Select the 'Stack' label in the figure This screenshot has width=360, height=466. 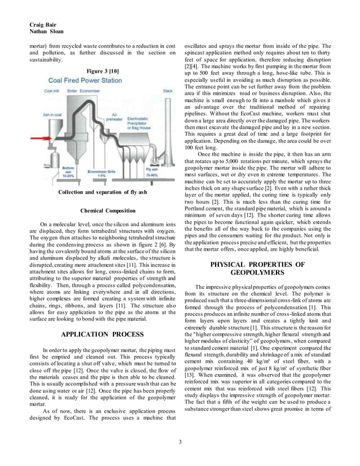coord(168,90)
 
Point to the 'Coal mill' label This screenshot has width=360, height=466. coord(51,90)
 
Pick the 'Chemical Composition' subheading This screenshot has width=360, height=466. coord(107,211)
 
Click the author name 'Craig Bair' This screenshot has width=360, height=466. coord(42,25)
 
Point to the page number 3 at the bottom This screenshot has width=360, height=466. coord(180,441)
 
